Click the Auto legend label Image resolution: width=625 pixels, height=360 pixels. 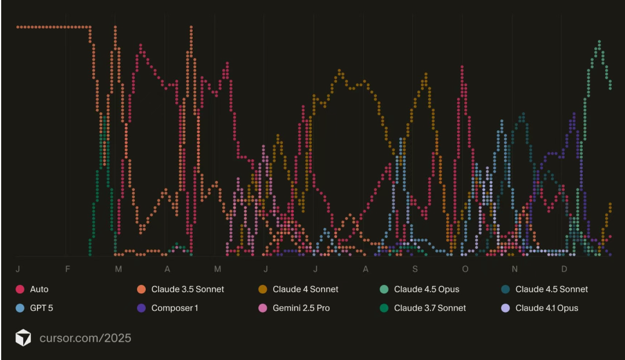tap(39, 289)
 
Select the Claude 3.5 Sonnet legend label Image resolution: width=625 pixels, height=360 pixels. tap(187, 289)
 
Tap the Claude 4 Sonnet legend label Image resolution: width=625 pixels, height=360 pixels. tap(306, 289)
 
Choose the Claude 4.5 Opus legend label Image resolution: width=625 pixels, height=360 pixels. tap(427, 289)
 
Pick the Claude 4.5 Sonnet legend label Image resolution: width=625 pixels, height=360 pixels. tap(552, 289)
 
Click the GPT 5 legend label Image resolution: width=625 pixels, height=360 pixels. tap(42, 308)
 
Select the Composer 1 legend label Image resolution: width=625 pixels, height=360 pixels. tap(175, 308)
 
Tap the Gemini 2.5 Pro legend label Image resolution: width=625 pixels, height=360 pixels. tap(301, 308)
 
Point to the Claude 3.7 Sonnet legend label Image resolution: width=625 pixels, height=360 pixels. tap(430, 308)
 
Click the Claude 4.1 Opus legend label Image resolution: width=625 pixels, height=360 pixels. tap(547, 308)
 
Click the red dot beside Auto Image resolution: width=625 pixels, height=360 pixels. tap(20, 289)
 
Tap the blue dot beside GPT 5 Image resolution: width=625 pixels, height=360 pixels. tap(20, 308)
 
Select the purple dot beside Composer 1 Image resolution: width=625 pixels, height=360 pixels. tap(142, 308)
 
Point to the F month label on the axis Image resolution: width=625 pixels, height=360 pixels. tap(68, 269)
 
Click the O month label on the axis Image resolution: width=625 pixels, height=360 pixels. tap(465, 269)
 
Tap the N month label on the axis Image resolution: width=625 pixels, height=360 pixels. tap(514, 269)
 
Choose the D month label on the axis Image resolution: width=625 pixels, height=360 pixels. tap(564, 269)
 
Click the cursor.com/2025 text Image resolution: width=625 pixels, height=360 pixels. tap(85, 338)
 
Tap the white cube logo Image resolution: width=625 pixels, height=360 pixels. tap(23, 338)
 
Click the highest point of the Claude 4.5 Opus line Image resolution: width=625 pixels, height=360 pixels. tap(599, 42)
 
